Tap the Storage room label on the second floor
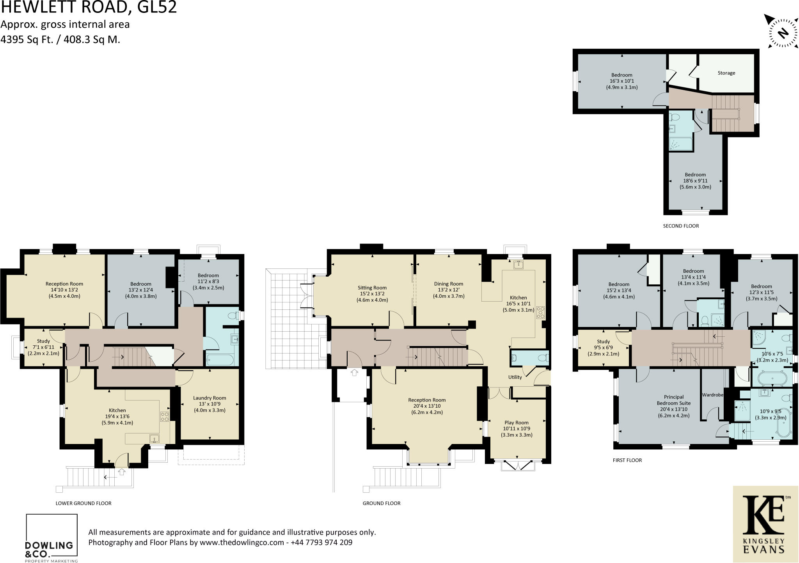[x=726, y=73]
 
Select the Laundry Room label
[x=210, y=398]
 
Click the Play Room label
[x=517, y=423]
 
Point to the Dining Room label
[x=449, y=284]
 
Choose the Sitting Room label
[x=372, y=288]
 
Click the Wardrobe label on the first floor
[x=713, y=395]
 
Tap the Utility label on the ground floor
[x=515, y=377]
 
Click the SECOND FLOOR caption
[x=681, y=226]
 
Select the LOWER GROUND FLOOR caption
[x=83, y=503]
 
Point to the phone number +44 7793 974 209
[x=321, y=542]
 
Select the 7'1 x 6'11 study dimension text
[x=43, y=347]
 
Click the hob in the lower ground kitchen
[x=165, y=416]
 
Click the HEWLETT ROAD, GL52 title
[x=89, y=7]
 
